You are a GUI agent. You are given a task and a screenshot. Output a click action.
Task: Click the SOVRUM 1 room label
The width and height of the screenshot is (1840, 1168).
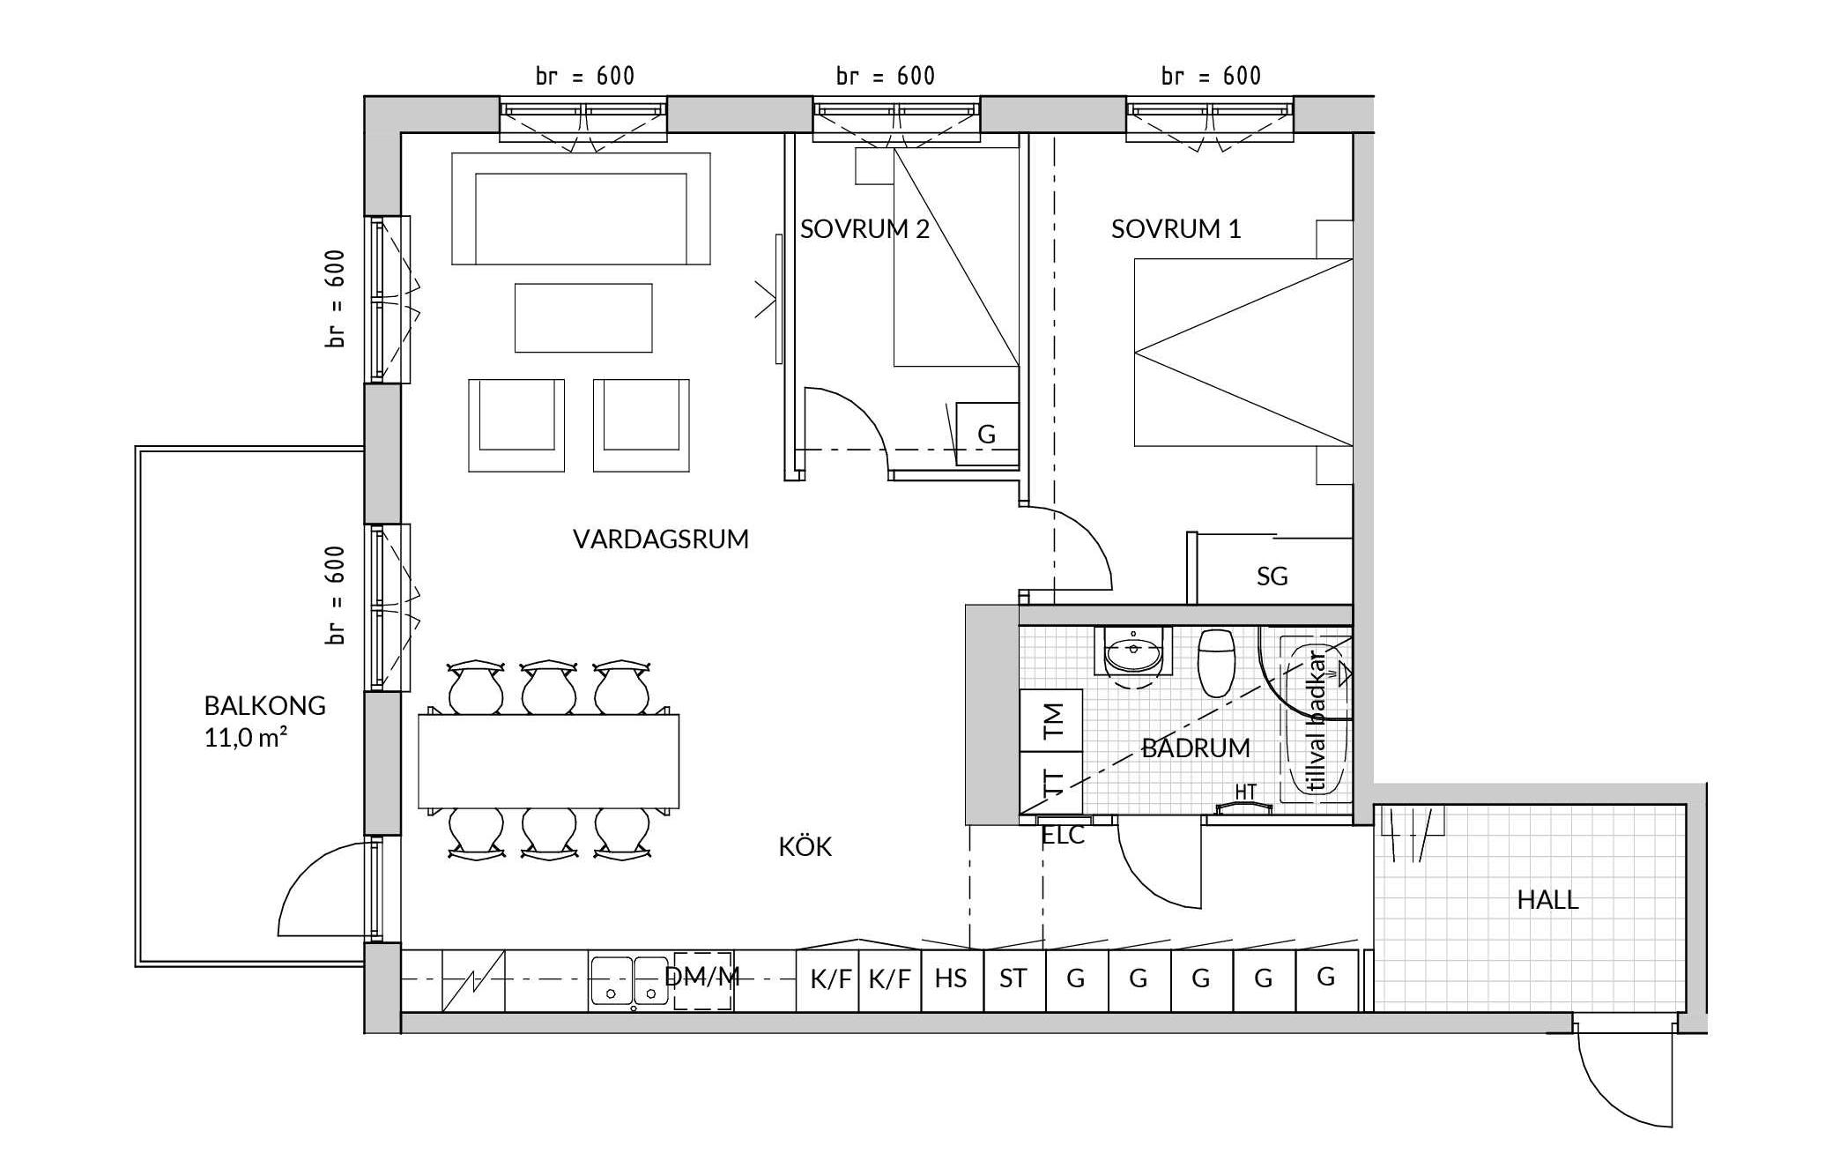(1176, 229)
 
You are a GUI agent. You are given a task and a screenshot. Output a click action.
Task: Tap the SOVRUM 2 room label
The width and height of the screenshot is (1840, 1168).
(864, 229)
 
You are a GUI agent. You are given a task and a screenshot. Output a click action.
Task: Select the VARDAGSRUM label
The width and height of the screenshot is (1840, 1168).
(661, 539)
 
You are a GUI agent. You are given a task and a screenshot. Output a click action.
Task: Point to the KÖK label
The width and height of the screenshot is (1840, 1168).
(805, 846)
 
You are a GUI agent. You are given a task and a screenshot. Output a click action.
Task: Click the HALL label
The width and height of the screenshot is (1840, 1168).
(1547, 900)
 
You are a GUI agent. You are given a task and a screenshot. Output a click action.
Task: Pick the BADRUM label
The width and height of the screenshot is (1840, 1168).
(1196, 748)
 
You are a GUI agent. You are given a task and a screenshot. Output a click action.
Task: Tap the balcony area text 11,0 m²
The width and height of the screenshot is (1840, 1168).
(246, 737)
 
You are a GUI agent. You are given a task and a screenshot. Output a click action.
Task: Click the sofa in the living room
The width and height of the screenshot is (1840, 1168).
(581, 209)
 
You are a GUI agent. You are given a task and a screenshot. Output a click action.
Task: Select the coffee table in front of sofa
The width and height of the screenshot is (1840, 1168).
(583, 318)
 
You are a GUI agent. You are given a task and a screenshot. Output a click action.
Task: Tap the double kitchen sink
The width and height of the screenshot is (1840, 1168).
(629, 980)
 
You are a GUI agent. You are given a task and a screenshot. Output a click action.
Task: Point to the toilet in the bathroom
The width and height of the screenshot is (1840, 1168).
(1217, 662)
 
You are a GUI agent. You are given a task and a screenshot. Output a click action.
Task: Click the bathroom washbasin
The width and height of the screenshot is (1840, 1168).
(1134, 653)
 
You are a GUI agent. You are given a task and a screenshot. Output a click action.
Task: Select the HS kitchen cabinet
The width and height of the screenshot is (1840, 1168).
(952, 980)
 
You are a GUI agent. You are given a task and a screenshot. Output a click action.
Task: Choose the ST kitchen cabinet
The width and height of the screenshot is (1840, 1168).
(1014, 980)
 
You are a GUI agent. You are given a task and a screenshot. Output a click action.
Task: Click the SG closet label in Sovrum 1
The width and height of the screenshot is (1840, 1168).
(1272, 577)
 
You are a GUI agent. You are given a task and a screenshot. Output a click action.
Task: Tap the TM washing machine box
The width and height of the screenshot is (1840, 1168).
(1051, 720)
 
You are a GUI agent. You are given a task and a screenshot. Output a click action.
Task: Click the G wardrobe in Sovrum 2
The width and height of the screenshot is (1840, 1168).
(988, 434)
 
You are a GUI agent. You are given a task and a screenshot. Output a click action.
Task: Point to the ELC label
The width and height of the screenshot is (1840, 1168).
(1064, 836)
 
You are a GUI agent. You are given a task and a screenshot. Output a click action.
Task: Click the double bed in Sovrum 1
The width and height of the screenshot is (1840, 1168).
(1243, 352)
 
